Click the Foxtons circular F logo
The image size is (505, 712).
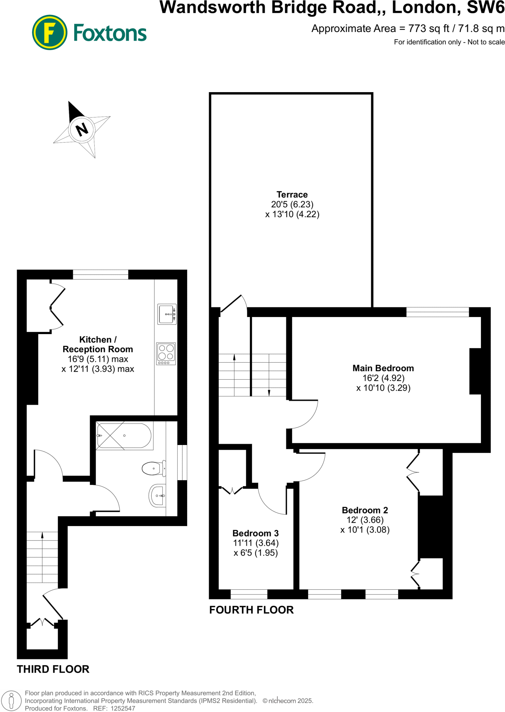point(49,32)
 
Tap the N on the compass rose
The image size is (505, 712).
point(82,130)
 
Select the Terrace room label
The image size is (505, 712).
point(292,195)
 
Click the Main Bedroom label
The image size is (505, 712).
point(383,368)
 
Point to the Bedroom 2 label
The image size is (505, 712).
point(365,510)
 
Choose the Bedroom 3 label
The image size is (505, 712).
point(256,533)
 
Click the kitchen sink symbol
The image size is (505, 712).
point(167,314)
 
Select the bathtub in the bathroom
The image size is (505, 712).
point(124,436)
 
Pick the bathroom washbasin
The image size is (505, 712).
point(158,495)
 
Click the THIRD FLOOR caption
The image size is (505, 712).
point(53,669)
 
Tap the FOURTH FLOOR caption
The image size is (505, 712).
point(251,610)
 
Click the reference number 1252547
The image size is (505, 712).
point(123,708)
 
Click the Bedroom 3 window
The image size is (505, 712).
point(249,594)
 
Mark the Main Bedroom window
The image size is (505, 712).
point(438,312)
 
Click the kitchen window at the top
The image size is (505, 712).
point(101,274)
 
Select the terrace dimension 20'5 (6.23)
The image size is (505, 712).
point(292,204)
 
